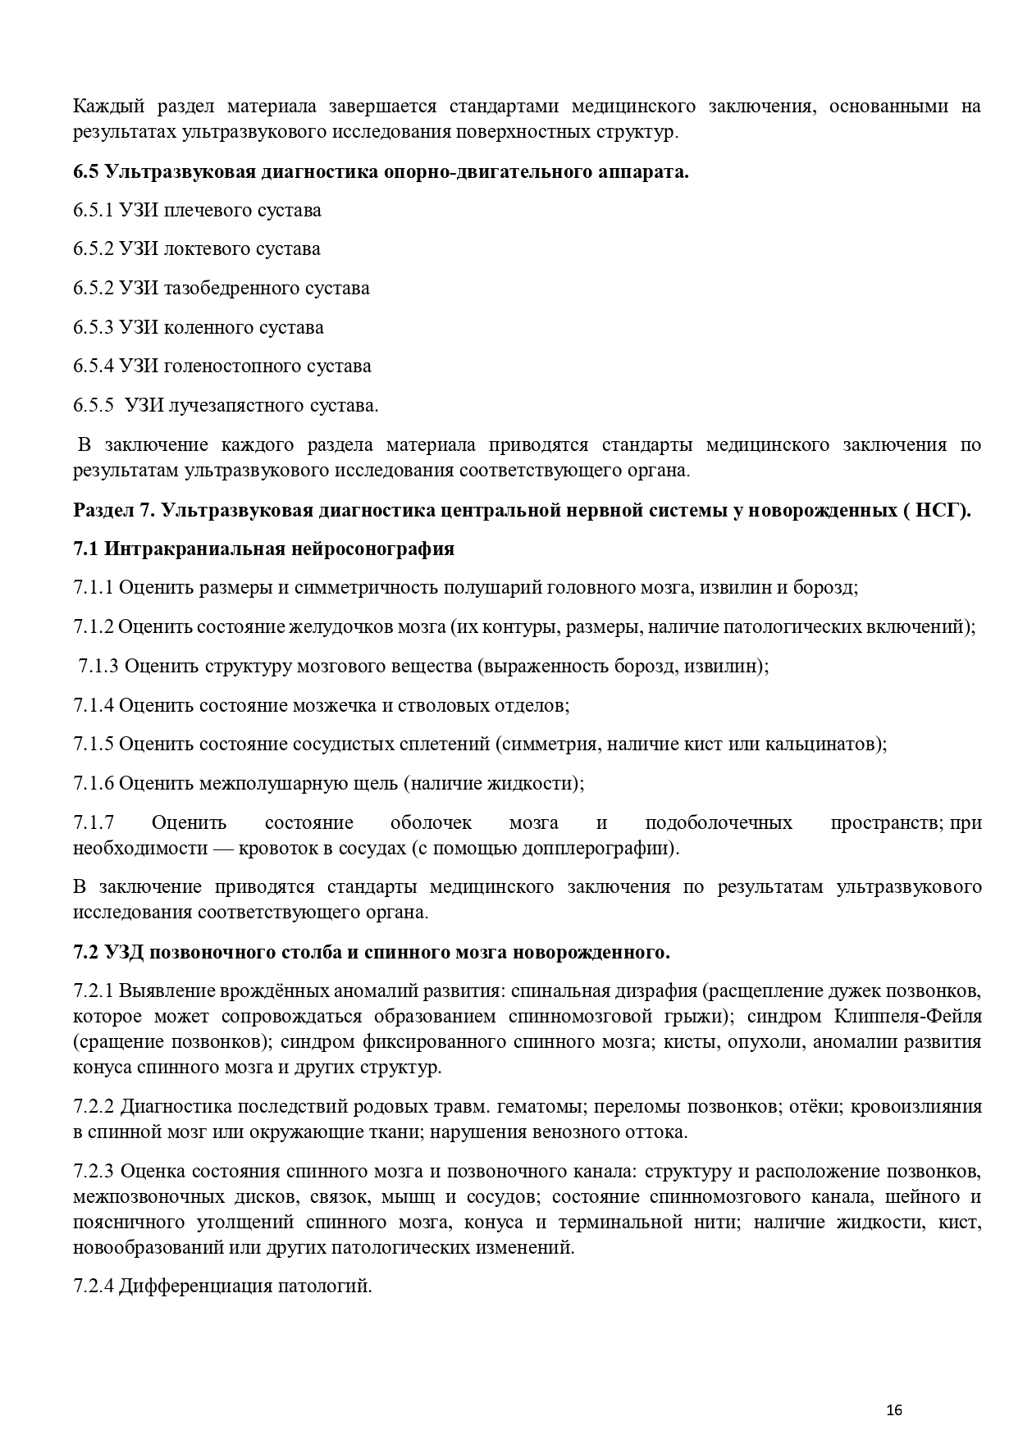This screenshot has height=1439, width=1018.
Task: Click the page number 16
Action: pyautogui.click(x=894, y=1410)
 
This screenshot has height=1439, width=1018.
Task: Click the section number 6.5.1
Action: pyautogui.click(x=94, y=211)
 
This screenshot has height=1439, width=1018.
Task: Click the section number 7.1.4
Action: pyautogui.click(x=94, y=705)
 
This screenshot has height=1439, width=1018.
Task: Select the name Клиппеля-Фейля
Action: pyautogui.click(x=908, y=1017)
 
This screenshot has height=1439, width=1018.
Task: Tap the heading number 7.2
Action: pyautogui.click(x=86, y=953)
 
